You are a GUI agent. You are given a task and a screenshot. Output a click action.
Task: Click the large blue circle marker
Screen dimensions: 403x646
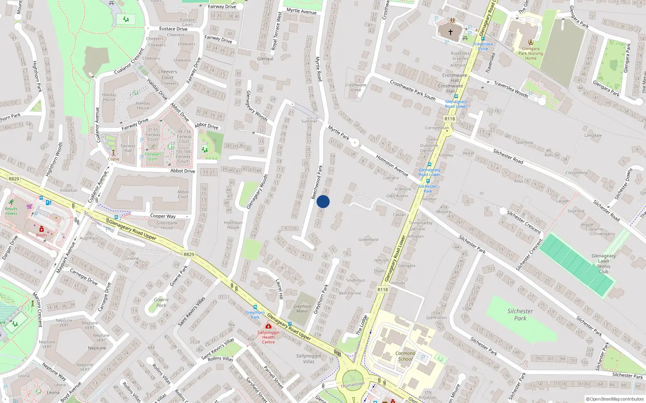[323, 201]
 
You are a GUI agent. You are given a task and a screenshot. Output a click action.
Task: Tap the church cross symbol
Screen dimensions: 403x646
[451, 32]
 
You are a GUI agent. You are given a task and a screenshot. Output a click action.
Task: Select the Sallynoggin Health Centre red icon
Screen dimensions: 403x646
[268, 326]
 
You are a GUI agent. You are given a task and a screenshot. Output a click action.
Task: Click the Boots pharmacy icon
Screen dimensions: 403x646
[41, 229]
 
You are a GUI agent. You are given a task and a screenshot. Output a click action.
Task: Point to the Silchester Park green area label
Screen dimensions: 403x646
[520, 315]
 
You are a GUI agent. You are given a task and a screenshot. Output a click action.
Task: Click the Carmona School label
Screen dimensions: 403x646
[405, 356]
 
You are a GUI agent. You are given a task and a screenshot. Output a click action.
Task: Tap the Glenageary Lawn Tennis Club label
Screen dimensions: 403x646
[603, 264]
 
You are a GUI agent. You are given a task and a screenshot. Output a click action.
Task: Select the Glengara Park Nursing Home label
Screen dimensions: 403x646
[531, 53]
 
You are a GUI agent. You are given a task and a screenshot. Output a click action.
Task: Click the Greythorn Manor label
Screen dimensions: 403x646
[302, 309]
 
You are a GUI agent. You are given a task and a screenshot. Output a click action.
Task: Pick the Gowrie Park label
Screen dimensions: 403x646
[161, 302]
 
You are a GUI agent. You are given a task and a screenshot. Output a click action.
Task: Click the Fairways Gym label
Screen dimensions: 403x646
[153, 156]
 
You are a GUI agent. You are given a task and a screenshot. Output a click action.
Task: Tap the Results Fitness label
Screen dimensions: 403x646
[11, 211]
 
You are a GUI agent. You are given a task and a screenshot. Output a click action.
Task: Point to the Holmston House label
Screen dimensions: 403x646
[233, 225]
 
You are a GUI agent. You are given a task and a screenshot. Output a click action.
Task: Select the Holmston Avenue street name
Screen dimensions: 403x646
[392, 165]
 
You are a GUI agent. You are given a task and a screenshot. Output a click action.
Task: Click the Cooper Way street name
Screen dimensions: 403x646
[163, 216]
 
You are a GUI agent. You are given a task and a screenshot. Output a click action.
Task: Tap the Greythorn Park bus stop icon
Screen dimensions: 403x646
[255, 307]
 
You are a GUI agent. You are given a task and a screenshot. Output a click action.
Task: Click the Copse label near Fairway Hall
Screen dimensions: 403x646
[113, 159]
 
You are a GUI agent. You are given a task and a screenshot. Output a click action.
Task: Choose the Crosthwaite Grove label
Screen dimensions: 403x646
[356, 87]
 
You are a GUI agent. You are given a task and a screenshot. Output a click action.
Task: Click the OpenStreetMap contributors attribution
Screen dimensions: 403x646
[615, 399]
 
